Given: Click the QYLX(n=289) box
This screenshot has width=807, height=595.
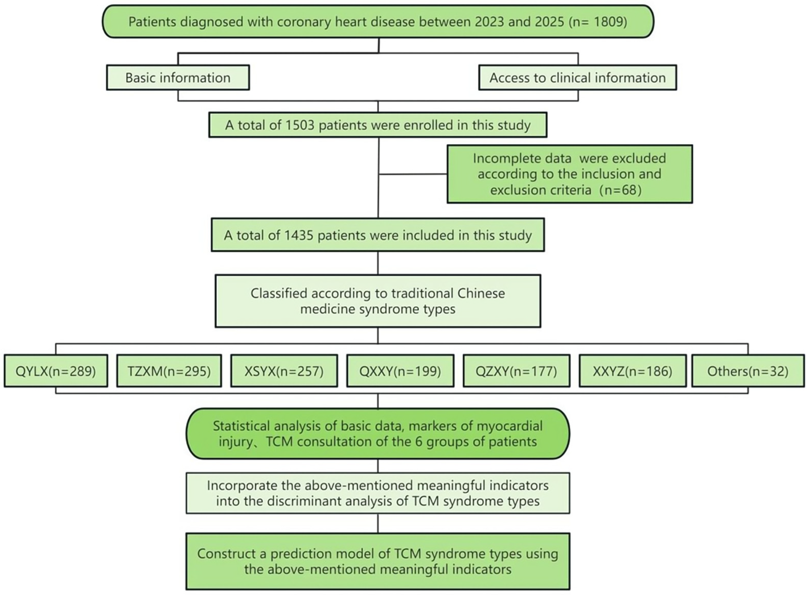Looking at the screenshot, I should tap(56, 371).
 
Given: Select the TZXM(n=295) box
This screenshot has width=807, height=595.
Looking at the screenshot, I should tap(169, 371).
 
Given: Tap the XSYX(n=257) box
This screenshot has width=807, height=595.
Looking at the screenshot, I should tap(284, 371).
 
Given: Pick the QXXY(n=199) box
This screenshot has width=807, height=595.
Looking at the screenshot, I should tap(400, 371).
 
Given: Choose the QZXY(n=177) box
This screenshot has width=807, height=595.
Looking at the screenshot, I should tap(516, 371).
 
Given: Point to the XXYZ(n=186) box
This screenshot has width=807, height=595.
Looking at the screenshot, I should tap(632, 371).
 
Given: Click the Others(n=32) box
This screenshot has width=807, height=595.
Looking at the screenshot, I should tap(748, 371).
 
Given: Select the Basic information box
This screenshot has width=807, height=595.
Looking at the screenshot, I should tap(178, 77).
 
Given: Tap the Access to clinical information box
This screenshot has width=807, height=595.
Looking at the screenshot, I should tap(577, 77).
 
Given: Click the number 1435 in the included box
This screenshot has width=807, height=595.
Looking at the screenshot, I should tap(299, 236).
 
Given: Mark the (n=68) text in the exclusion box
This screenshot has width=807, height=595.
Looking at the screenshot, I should tap(621, 190).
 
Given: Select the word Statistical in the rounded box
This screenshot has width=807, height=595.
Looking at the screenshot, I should tap(242, 426).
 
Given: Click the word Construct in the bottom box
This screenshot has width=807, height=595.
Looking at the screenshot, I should tap(224, 554).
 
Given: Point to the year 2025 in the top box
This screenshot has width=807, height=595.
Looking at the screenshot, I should tap(549, 22).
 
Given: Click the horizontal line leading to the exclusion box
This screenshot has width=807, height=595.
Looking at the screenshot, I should tap(413, 174).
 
